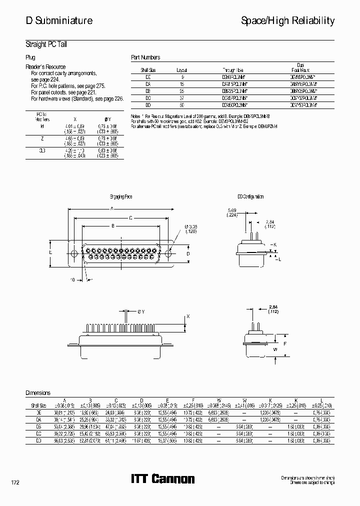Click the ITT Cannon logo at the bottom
click(x=162, y=479)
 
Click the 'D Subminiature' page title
click(x=59, y=21)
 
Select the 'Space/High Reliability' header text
click(x=287, y=21)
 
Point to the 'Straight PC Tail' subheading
click(x=46, y=44)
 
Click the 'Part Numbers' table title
click(x=145, y=57)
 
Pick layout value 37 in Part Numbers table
click(x=182, y=98)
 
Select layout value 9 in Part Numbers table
click(x=182, y=77)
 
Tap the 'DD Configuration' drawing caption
click(x=250, y=197)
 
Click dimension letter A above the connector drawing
click(x=111, y=209)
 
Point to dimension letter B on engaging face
click(x=113, y=226)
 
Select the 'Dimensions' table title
click(x=38, y=393)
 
